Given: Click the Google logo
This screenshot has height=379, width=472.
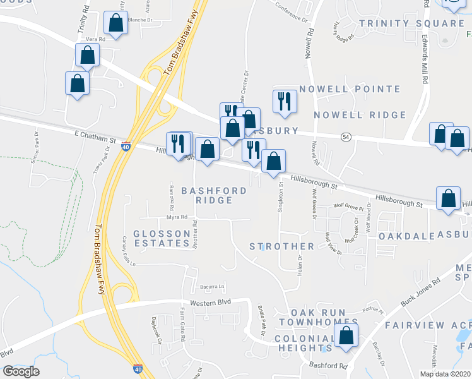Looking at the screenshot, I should (x=21, y=371).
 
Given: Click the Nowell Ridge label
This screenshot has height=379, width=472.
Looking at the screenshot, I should (x=360, y=115).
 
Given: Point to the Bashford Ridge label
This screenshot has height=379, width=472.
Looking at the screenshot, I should (x=207, y=195).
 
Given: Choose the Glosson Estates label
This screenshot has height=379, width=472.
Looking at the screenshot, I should (x=161, y=238).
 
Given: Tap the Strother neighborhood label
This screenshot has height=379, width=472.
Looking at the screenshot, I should (x=281, y=246).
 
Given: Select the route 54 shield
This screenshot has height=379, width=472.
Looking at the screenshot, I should (x=346, y=137).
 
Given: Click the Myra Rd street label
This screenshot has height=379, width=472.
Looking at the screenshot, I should (x=177, y=217).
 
